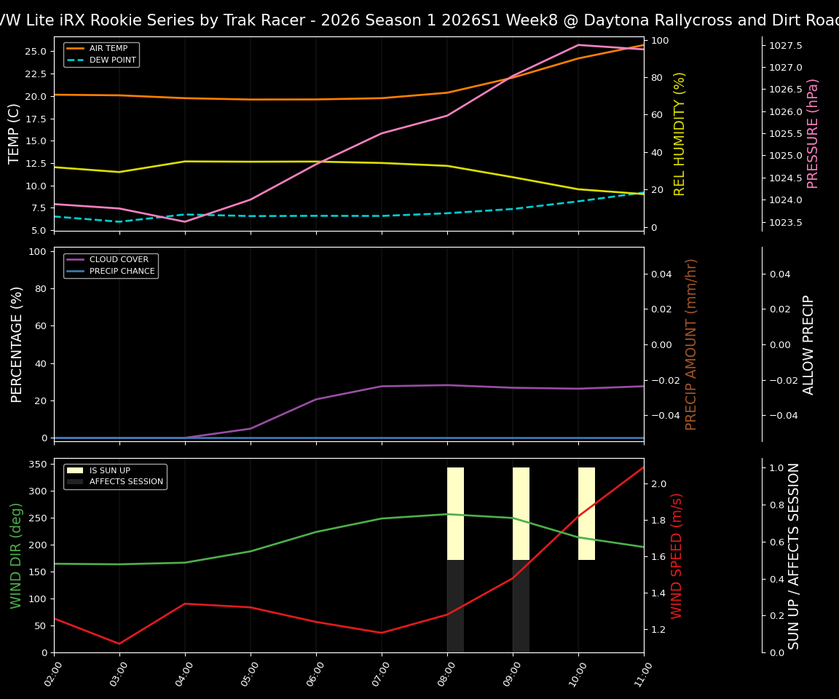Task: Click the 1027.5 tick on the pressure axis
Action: tap(786, 45)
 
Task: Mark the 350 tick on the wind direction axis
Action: tap(38, 464)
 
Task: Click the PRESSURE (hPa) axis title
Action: tap(813, 133)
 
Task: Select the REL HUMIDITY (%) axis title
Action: tap(680, 133)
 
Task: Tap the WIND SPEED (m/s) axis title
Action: tap(677, 555)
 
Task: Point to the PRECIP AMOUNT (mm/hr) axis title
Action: tap(691, 344)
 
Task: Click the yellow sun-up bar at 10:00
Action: tap(586, 513)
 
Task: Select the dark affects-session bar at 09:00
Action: tap(521, 606)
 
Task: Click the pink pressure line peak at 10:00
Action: tap(578, 45)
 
